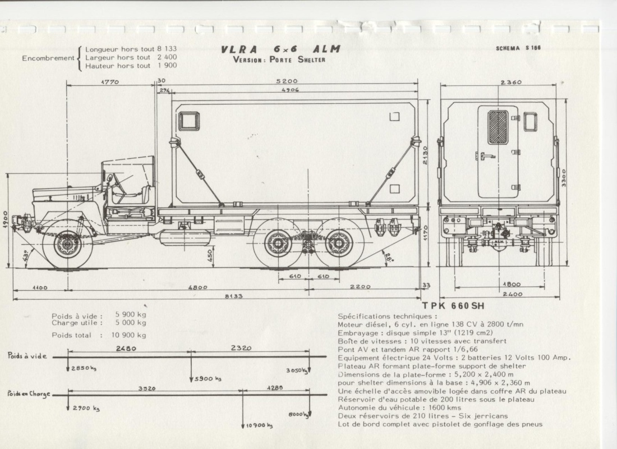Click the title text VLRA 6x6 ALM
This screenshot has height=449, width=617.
click(280, 49)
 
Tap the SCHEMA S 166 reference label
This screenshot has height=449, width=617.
click(518, 48)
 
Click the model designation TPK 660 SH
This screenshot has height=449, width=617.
click(453, 306)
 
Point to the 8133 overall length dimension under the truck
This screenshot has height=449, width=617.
click(233, 296)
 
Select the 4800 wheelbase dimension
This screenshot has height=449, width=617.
click(197, 287)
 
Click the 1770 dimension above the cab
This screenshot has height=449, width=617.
click(110, 82)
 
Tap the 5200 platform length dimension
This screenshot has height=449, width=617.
click(287, 81)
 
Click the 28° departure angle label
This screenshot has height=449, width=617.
click(388, 257)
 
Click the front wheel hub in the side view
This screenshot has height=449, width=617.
click(67, 245)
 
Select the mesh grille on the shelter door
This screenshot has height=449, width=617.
click(498, 127)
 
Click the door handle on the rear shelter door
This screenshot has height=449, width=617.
click(486, 157)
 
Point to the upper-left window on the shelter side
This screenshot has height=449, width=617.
click(189, 121)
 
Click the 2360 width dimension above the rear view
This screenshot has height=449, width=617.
click(511, 83)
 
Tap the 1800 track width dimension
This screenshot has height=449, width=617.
click(511, 285)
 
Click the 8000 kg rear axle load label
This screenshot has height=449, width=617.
click(298, 414)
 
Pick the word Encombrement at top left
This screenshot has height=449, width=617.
click(48, 58)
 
